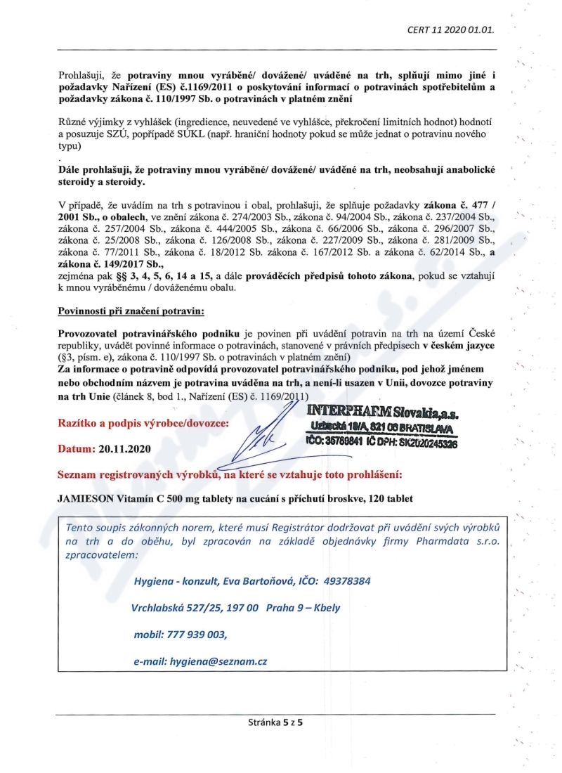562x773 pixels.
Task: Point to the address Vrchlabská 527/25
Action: pos(174,607)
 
